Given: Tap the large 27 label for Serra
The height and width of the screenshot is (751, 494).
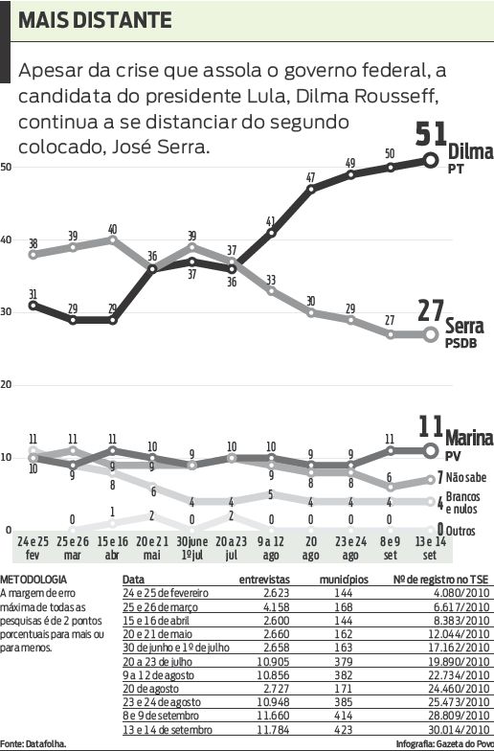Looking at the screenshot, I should tap(434, 313).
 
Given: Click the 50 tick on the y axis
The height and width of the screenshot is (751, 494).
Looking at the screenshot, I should tap(7, 168).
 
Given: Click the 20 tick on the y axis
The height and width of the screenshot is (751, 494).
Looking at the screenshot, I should tap(7, 385).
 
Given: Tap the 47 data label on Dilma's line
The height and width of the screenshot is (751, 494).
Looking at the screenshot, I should tap(311, 177).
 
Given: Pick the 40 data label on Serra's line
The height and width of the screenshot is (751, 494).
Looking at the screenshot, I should tap(113, 229).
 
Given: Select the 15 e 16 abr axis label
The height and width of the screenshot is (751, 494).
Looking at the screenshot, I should tap(113, 548).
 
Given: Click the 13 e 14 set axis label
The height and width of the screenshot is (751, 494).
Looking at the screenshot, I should tap(431, 548).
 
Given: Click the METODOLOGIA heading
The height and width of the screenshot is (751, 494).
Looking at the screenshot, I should tap(34, 580).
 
